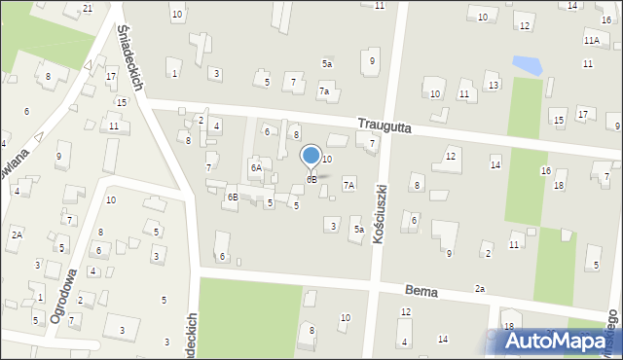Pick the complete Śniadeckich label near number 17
coord(129,59)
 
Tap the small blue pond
coord(527,66)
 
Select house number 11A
coord(591,41)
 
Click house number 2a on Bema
coord(480,288)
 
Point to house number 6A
coord(256,167)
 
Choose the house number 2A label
coord(17,234)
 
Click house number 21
coord(88,9)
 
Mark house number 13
coord(494,86)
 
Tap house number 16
coord(546,170)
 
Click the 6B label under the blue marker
coord(311,179)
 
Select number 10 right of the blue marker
coord(327,159)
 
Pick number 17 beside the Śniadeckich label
coord(111,76)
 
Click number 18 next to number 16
coord(559,185)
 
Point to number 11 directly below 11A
coord(587,63)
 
